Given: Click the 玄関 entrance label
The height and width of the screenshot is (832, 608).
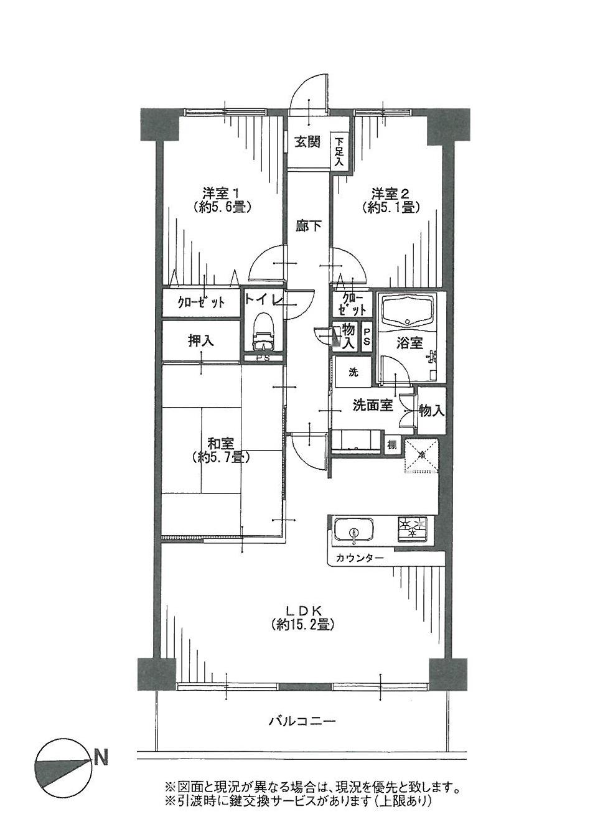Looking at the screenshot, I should pos(307,142).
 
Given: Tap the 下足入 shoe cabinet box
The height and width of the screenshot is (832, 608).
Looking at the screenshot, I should pos(339,151).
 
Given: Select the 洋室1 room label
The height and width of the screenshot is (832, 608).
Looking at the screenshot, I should pos(221,192).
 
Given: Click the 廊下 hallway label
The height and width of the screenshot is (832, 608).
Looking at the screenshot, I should pos(309,226).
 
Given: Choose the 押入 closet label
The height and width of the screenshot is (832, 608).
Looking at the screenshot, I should pos(201,340).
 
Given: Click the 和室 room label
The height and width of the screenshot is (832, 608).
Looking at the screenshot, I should pos(221,444).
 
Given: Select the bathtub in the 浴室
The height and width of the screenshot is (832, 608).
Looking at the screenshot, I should pos(408,311).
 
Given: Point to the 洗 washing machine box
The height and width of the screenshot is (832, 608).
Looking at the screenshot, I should pos(353,373).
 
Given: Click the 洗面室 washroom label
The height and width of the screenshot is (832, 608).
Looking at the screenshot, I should pos(372,405).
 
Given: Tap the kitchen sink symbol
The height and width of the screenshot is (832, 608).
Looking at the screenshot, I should pos(355,531).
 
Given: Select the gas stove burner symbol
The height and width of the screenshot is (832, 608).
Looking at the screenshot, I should pos(412,528).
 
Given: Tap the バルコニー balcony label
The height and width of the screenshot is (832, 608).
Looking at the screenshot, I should pos(302,722).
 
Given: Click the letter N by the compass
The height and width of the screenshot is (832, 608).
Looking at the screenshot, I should pos(100,758).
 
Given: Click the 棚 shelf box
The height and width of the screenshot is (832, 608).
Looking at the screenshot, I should pos(392,445).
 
